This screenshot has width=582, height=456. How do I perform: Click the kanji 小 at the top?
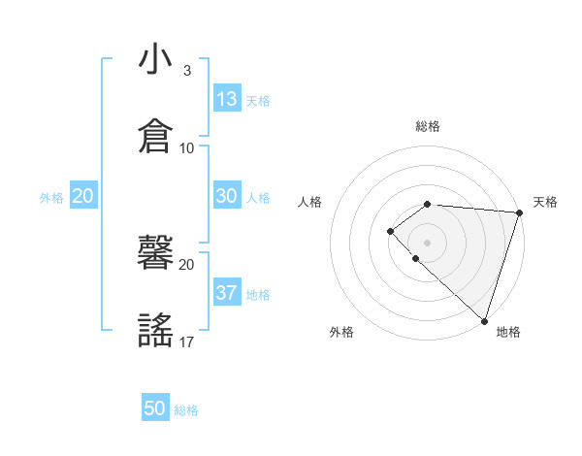point(155,60)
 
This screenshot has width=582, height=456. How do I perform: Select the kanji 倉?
point(155,134)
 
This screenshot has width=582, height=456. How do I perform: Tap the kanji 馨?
point(155,255)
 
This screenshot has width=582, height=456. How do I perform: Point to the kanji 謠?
point(155,330)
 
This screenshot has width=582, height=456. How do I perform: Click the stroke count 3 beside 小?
point(187,71)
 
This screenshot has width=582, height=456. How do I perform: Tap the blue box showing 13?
point(227,99)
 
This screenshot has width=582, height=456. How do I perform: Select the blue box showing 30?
point(227,196)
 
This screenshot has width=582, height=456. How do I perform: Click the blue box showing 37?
point(227,292)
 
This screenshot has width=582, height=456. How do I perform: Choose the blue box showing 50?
point(155,408)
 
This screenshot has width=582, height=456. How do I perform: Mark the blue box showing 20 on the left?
point(82,196)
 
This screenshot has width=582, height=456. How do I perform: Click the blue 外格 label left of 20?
point(51,198)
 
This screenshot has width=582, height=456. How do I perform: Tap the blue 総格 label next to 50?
point(186,410)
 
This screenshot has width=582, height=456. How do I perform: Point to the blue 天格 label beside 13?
point(258,101)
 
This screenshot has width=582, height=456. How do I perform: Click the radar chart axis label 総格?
point(428,126)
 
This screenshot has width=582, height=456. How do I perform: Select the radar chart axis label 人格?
point(310,202)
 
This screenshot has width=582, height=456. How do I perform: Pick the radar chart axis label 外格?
point(341,332)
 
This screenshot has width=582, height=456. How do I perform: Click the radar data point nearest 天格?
point(519,213)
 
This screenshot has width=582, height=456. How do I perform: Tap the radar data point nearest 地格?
point(484,320)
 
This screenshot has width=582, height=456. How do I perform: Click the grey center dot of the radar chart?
point(427,242)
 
